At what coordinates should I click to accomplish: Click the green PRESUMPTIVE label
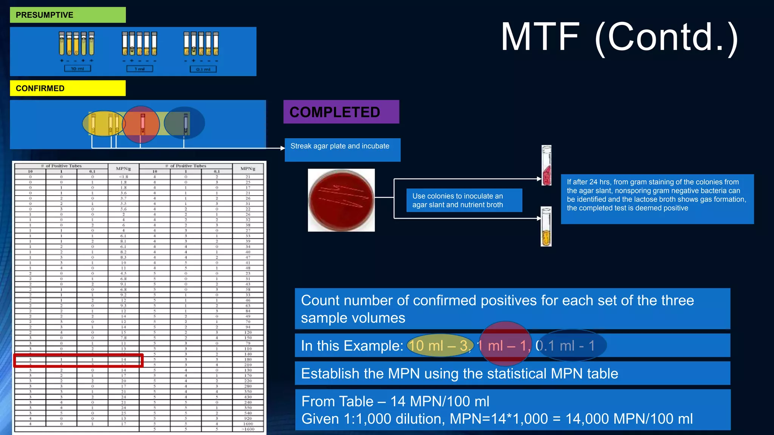tap(68, 15)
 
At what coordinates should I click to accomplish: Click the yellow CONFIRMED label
tap(68, 88)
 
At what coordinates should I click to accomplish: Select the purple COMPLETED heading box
tap(341, 112)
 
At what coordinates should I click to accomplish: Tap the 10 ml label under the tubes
tap(77, 69)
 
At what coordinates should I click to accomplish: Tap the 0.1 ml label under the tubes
tap(203, 69)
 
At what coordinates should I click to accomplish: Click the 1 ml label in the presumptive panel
tap(139, 69)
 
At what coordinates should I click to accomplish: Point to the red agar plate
tap(341, 200)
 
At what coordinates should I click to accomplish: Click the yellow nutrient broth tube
tap(546, 227)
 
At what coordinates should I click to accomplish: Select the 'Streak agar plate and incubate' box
tap(342, 150)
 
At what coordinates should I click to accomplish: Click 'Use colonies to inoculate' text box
tap(464, 201)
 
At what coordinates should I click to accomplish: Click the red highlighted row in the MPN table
tap(79, 360)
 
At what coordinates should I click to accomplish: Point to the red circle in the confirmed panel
tap(141, 124)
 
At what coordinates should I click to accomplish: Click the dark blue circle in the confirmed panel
tap(185, 123)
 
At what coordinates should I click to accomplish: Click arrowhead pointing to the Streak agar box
tap(282, 148)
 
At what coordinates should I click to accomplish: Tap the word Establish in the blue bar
tap(330, 374)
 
